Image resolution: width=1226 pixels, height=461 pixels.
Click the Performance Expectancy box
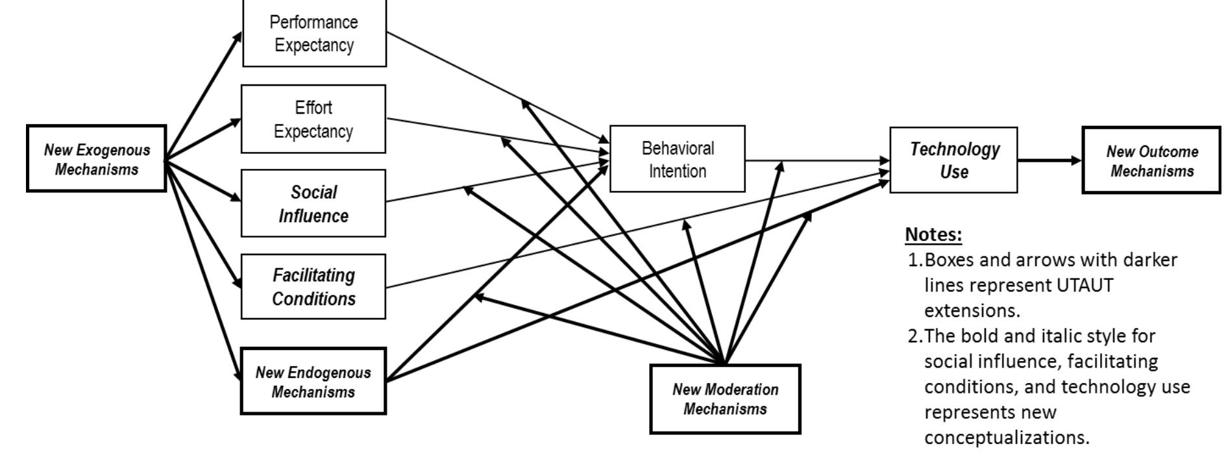pos(314,34)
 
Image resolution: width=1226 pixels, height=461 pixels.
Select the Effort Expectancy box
pos(313,119)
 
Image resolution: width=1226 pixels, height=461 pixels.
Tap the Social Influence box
pos(313,204)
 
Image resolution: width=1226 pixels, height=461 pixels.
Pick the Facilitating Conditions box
pos(313,287)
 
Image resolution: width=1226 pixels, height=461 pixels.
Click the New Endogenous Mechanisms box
pos(313,382)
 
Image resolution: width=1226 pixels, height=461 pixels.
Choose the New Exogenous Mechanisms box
pos(97,159)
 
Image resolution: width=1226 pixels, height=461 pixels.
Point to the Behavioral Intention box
pos(678,160)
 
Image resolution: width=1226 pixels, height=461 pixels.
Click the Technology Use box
pos(953,160)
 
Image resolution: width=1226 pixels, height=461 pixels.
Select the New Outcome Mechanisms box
pos(1152,161)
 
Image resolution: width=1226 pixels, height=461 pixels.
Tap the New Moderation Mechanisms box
pos(725,399)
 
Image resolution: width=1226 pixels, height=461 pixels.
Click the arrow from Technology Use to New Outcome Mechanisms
pos(1049,160)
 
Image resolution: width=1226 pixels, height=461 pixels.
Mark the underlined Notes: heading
pos(933,234)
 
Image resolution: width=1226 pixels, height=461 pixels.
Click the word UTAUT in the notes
pos(1085,286)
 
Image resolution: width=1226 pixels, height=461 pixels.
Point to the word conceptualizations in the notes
pos(1007,438)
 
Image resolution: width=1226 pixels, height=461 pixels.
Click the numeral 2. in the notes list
pos(915,336)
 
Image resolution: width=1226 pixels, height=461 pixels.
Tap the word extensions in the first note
pos(972,311)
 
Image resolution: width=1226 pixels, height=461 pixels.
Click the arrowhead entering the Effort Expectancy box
pos(236,121)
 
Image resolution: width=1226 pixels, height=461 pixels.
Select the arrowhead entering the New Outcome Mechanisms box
pos(1077,160)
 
